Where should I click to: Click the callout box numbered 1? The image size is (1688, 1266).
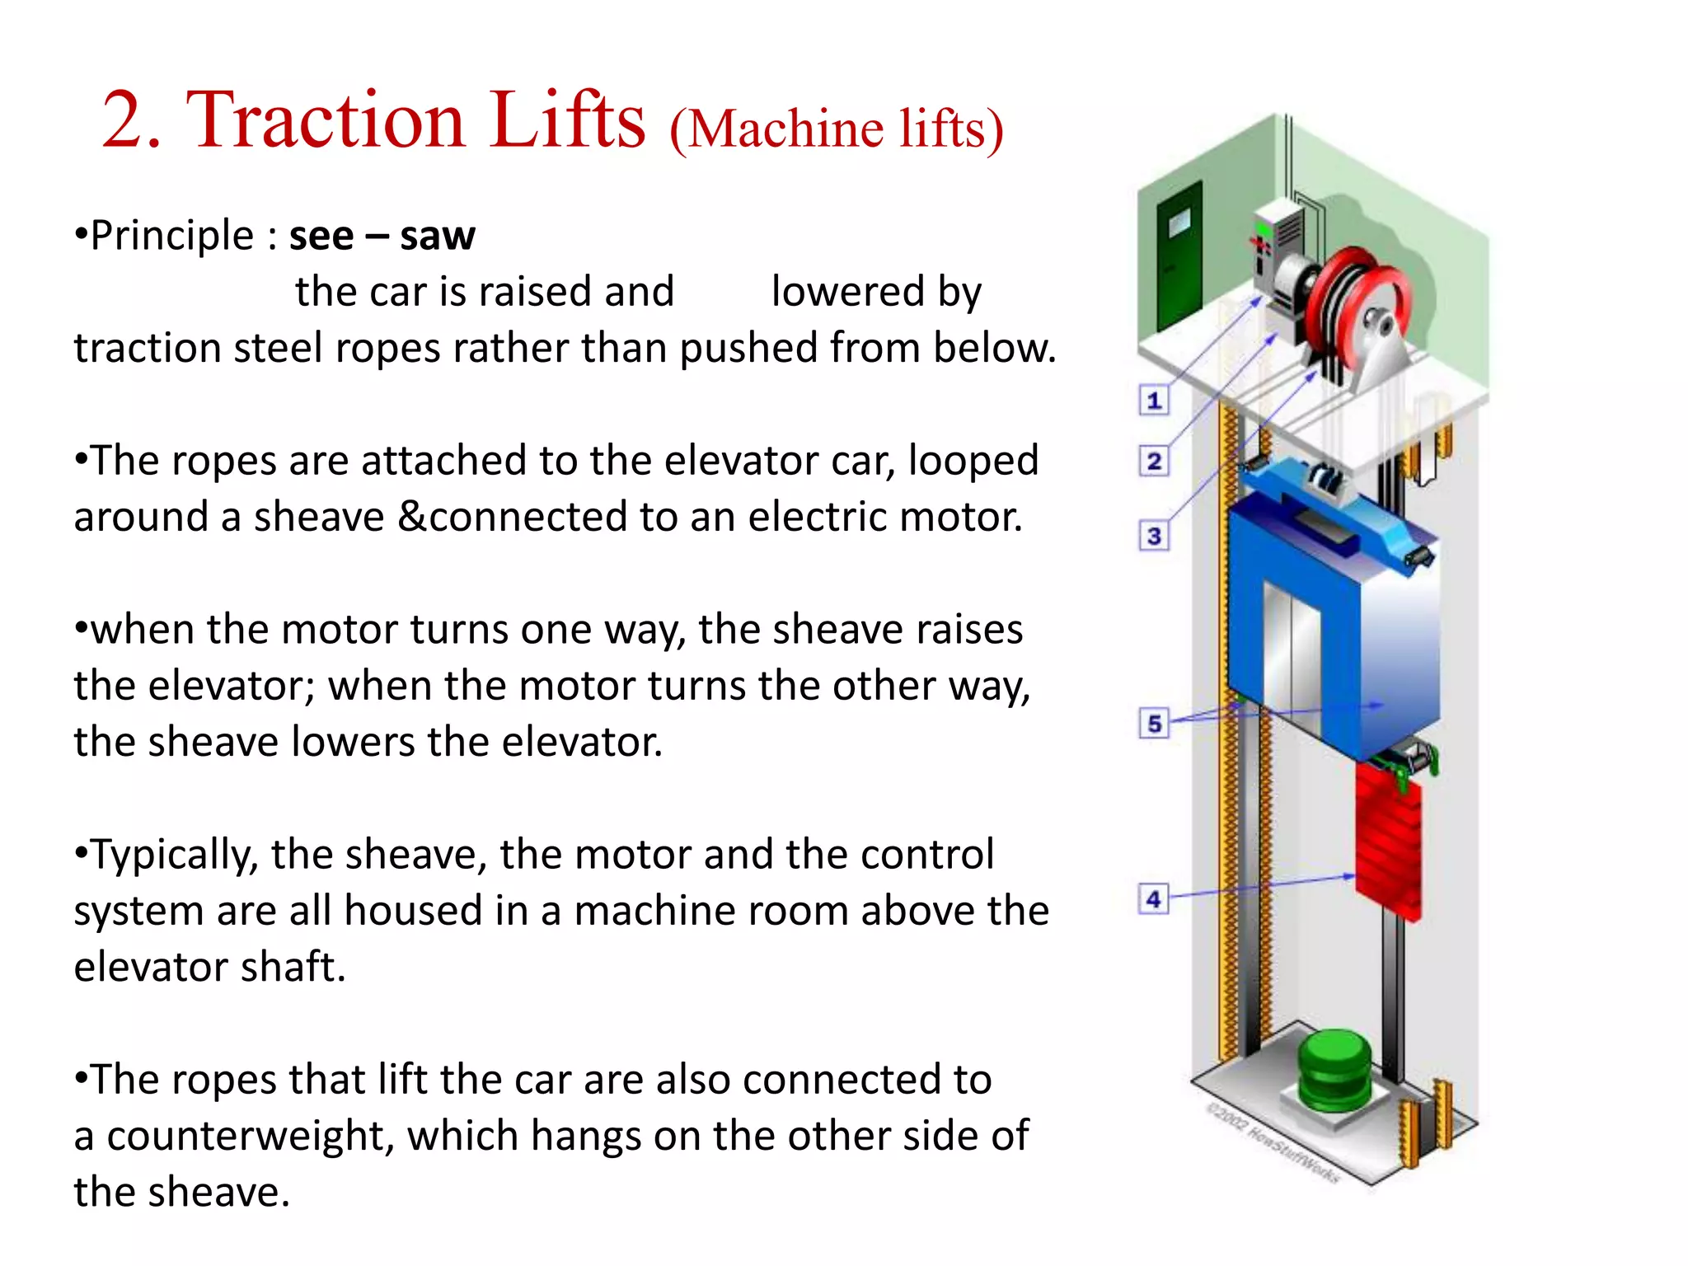[1154, 401]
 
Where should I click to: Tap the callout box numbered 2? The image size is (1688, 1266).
[1154, 461]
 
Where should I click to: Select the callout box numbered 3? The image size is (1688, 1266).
[1154, 536]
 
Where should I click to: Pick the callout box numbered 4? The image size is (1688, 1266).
[1153, 898]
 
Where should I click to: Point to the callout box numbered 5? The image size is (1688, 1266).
[1154, 723]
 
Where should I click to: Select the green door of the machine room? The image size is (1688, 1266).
[1179, 256]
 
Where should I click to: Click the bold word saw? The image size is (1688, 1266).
[437, 237]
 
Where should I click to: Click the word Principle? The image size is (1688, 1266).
[171, 237]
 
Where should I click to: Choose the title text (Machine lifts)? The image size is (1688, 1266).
[837, 129]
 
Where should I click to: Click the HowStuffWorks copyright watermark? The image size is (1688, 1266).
[1273, 1142]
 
